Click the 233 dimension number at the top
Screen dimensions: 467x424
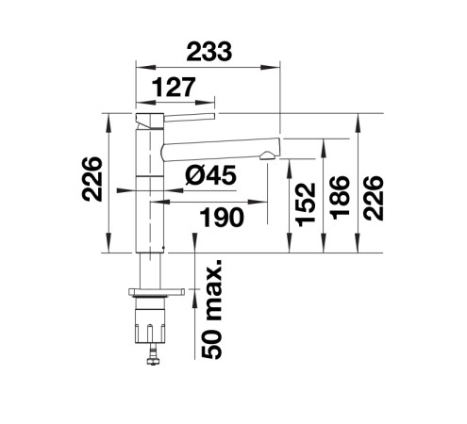click(x=208, y=51)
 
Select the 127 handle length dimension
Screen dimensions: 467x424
click(x=174, y=87)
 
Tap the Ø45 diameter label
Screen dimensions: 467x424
click(x=210, y=175)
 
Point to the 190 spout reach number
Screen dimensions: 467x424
click(x=222, y=217)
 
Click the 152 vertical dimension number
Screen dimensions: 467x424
click(x=306, y=204)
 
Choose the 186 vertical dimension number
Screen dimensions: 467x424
click(x=340, y=198)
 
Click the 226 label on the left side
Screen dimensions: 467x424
click(x=92, y=179)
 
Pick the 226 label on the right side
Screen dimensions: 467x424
click(x=373, y=198)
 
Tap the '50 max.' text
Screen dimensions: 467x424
click(x=211, y=309)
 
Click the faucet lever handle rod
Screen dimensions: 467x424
click(x=190, y=117)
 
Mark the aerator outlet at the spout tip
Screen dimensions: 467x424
click(x=266, y=156)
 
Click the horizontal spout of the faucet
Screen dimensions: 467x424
click(x=220, y=150)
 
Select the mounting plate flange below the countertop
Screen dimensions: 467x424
click(x=157, y=292)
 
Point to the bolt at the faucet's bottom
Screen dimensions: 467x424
click(x=154, y=354)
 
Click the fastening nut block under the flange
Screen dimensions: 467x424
click(x=150, y=326)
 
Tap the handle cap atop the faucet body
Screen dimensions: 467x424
click(x=150, y=121)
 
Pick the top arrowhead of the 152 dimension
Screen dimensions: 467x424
click(x=290, y=169)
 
